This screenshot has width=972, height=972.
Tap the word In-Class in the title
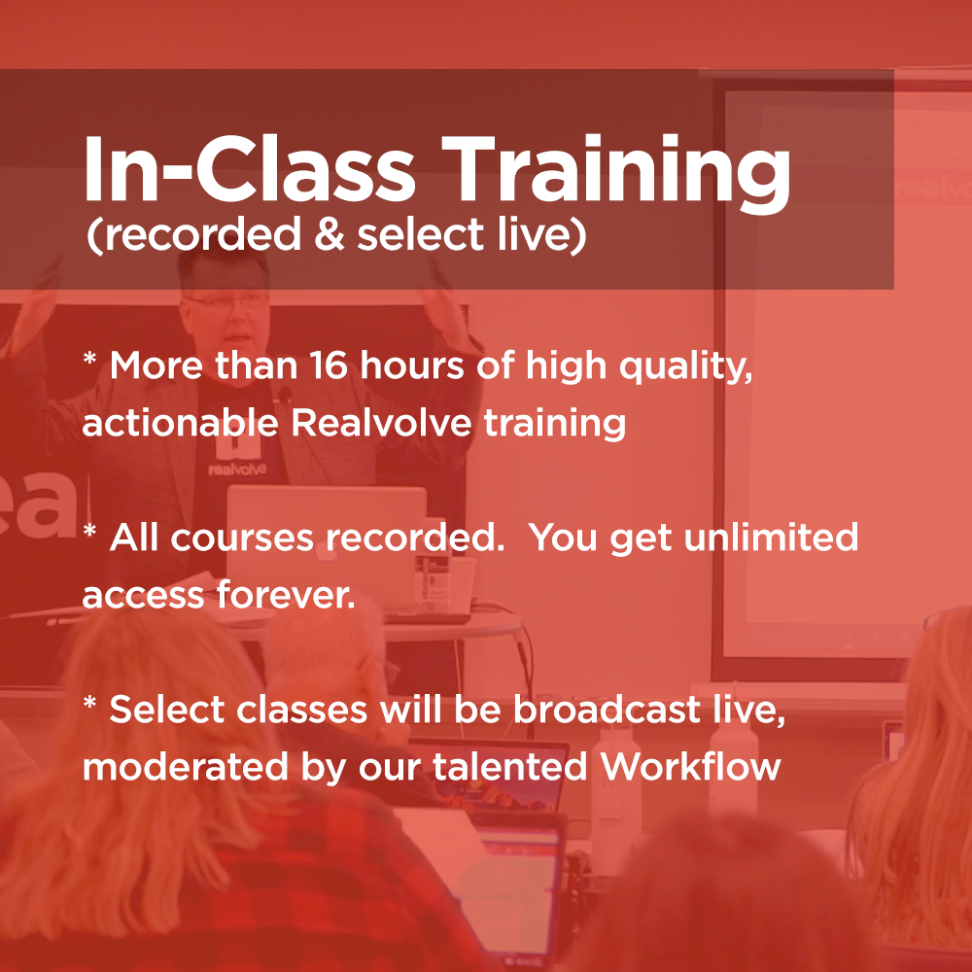tap(249, 168)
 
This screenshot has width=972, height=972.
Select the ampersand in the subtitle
tap(330, 233)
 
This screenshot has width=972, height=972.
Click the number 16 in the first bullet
tap(329, 365)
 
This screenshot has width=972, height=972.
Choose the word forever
tap(286, 595)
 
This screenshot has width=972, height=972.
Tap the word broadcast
tap(607, 710)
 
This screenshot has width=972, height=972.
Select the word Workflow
tap(690, 766)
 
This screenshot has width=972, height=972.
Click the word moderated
tap(186, 767)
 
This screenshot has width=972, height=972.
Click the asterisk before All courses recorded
tap(89, 531)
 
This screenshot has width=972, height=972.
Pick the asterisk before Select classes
tap(89, 703)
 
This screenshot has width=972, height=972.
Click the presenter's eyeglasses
tap(226, 302)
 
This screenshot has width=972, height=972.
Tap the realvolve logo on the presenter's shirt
tap(237, 461)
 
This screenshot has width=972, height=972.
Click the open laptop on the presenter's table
tap(327, 545)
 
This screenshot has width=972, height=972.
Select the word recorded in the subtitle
tap(201, 234)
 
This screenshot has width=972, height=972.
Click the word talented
tap(509, 766)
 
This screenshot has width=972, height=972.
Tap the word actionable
tap(181, 423)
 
